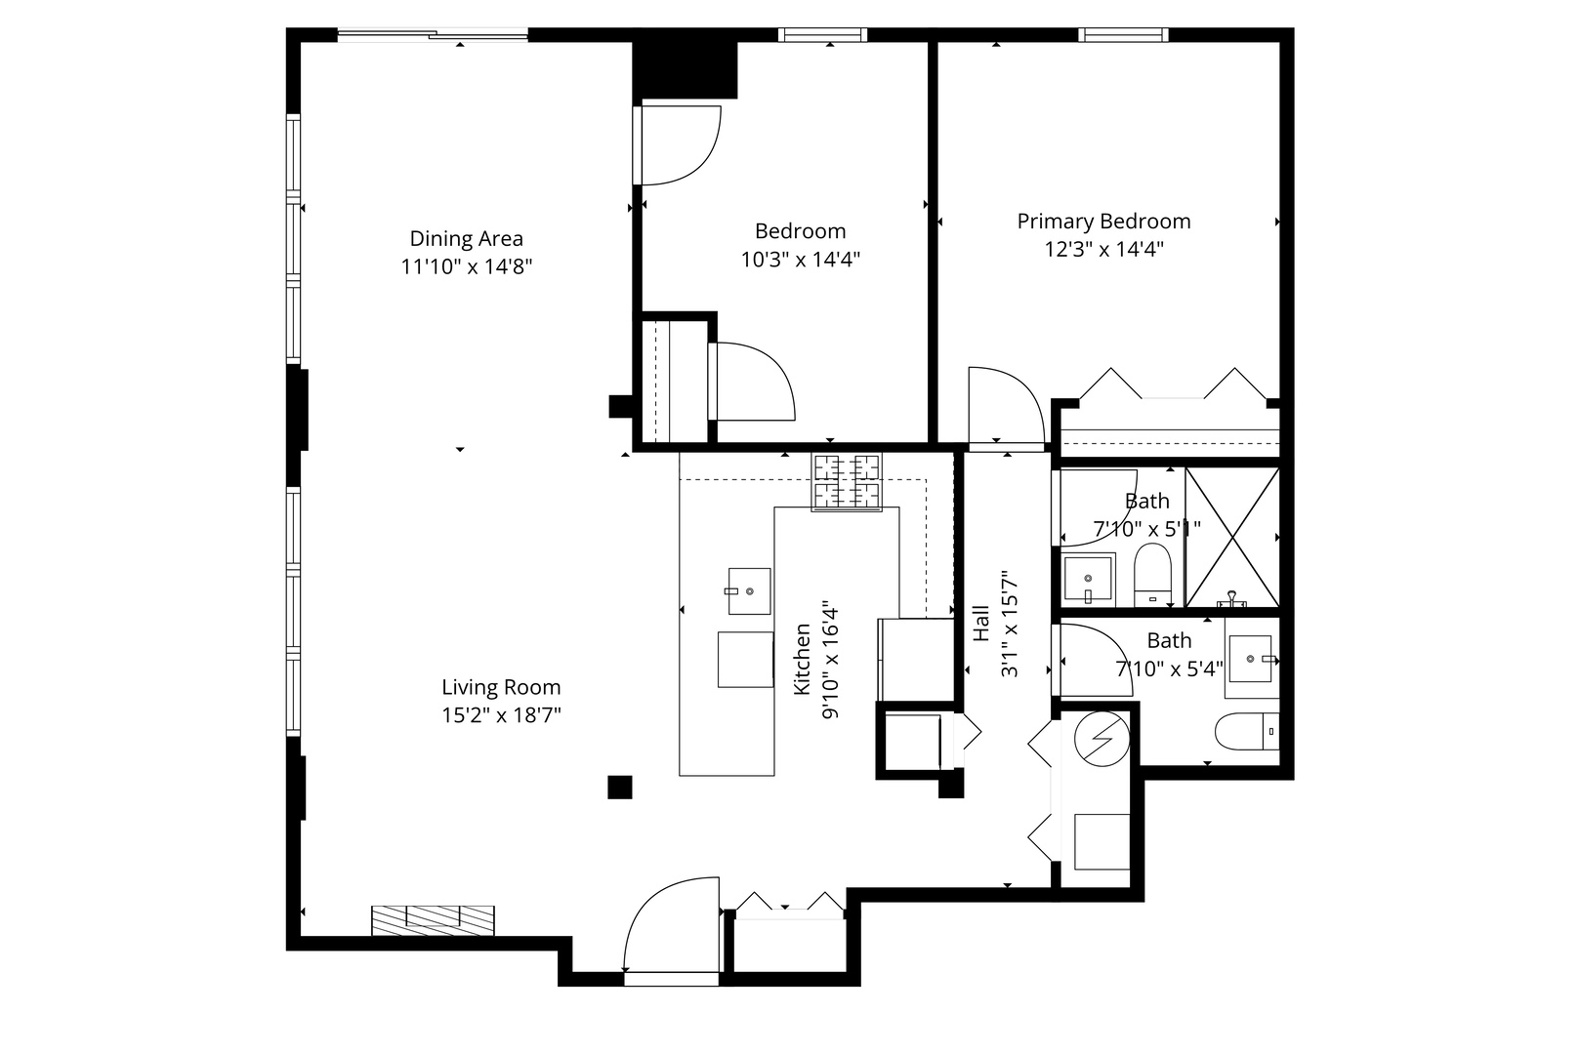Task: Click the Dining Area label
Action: pos(466,238)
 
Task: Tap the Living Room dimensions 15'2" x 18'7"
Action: pos(501,715)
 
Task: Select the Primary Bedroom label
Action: pos(1103,222)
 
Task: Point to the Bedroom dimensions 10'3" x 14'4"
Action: pos(800,260)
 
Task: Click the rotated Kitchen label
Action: pos(802,660)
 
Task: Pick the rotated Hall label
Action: pos(981,624)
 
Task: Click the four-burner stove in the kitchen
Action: pos(846,481)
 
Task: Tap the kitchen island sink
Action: pos(749,590)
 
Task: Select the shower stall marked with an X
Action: pos(1231,538)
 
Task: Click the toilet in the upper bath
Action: pos(1152,574)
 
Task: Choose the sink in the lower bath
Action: pos(1251,659)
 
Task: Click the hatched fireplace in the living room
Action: pos(433,919)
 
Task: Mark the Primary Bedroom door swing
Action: pos(1004,408)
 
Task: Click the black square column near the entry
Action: pos(619,787)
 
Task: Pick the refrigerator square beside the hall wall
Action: pos(916,659)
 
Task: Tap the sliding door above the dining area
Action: pos(433,36)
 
